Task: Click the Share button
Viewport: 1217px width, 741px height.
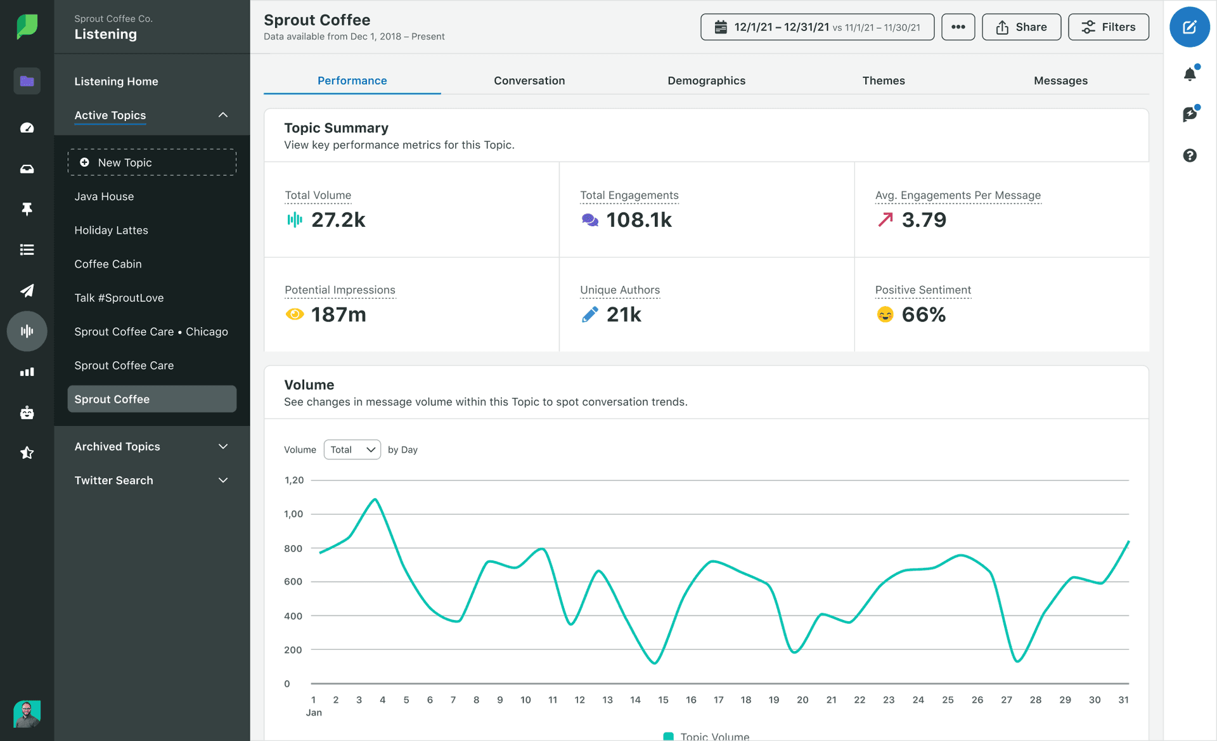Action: coord(1021,27)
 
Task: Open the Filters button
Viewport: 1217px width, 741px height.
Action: coord(1108,27)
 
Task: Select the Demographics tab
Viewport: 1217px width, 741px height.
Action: coord(706,81)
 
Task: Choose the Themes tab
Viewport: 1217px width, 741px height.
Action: coord(883,81)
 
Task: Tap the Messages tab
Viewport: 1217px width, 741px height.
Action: coord(1060,81)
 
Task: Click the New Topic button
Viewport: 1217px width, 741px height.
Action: coord(152,162)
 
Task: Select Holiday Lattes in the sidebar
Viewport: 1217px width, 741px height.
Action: coord(112,230)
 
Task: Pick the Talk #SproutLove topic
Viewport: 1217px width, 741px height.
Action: coord(119,298)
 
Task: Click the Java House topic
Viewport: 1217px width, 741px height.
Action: coord(104,197)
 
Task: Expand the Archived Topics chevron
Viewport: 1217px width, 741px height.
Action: coord(223,446)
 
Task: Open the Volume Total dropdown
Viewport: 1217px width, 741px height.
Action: coord(352,449)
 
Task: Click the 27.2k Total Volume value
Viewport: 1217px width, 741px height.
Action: coord(338,220)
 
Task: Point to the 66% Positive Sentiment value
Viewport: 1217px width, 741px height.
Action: coord(924,314)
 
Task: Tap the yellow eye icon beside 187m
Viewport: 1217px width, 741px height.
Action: coord(295,314)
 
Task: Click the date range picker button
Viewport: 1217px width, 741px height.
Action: coord(817,27)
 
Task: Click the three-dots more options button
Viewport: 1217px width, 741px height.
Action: coord(958,27)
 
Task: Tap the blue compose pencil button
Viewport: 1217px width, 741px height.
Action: coord(1189,27)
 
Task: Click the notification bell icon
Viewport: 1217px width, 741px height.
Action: coord(1190,74)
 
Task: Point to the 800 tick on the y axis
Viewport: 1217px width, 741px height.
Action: coord(293,548)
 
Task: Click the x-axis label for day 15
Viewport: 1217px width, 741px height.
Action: coord(663,700)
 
